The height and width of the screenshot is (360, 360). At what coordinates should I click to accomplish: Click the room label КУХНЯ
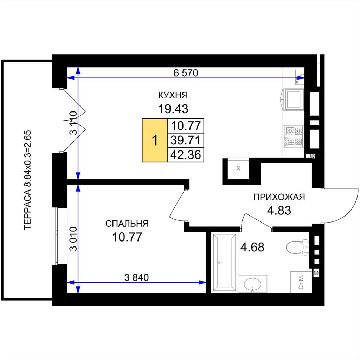point(173,95)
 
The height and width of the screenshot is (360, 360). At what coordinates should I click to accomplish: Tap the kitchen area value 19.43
point(173,109)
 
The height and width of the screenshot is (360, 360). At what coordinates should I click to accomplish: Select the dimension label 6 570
point(186,73)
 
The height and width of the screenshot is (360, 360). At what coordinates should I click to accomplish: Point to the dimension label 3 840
point(136,277)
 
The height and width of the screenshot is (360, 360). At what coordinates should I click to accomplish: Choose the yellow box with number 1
point(155,140)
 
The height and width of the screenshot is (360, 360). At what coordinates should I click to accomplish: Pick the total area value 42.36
point(186,155)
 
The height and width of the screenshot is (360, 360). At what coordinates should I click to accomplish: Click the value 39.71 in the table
point(186,140)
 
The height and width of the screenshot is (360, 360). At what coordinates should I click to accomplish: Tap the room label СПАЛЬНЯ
point(127,224)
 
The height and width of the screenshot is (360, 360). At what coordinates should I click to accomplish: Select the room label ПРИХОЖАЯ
point(279,197)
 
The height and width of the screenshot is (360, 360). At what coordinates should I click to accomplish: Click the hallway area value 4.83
point(279,210)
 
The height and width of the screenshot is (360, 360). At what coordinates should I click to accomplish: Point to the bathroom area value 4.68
point(252,247)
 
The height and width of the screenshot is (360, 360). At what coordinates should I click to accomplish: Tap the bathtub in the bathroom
point(224,262)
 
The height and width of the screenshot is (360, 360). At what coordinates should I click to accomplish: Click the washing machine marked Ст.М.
point(301,282)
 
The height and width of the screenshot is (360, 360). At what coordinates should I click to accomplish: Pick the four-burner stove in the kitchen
point(294,137)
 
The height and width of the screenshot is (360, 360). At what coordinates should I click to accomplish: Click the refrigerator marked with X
point(238,168)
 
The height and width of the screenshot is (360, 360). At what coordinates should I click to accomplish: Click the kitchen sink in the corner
point(299,76)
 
